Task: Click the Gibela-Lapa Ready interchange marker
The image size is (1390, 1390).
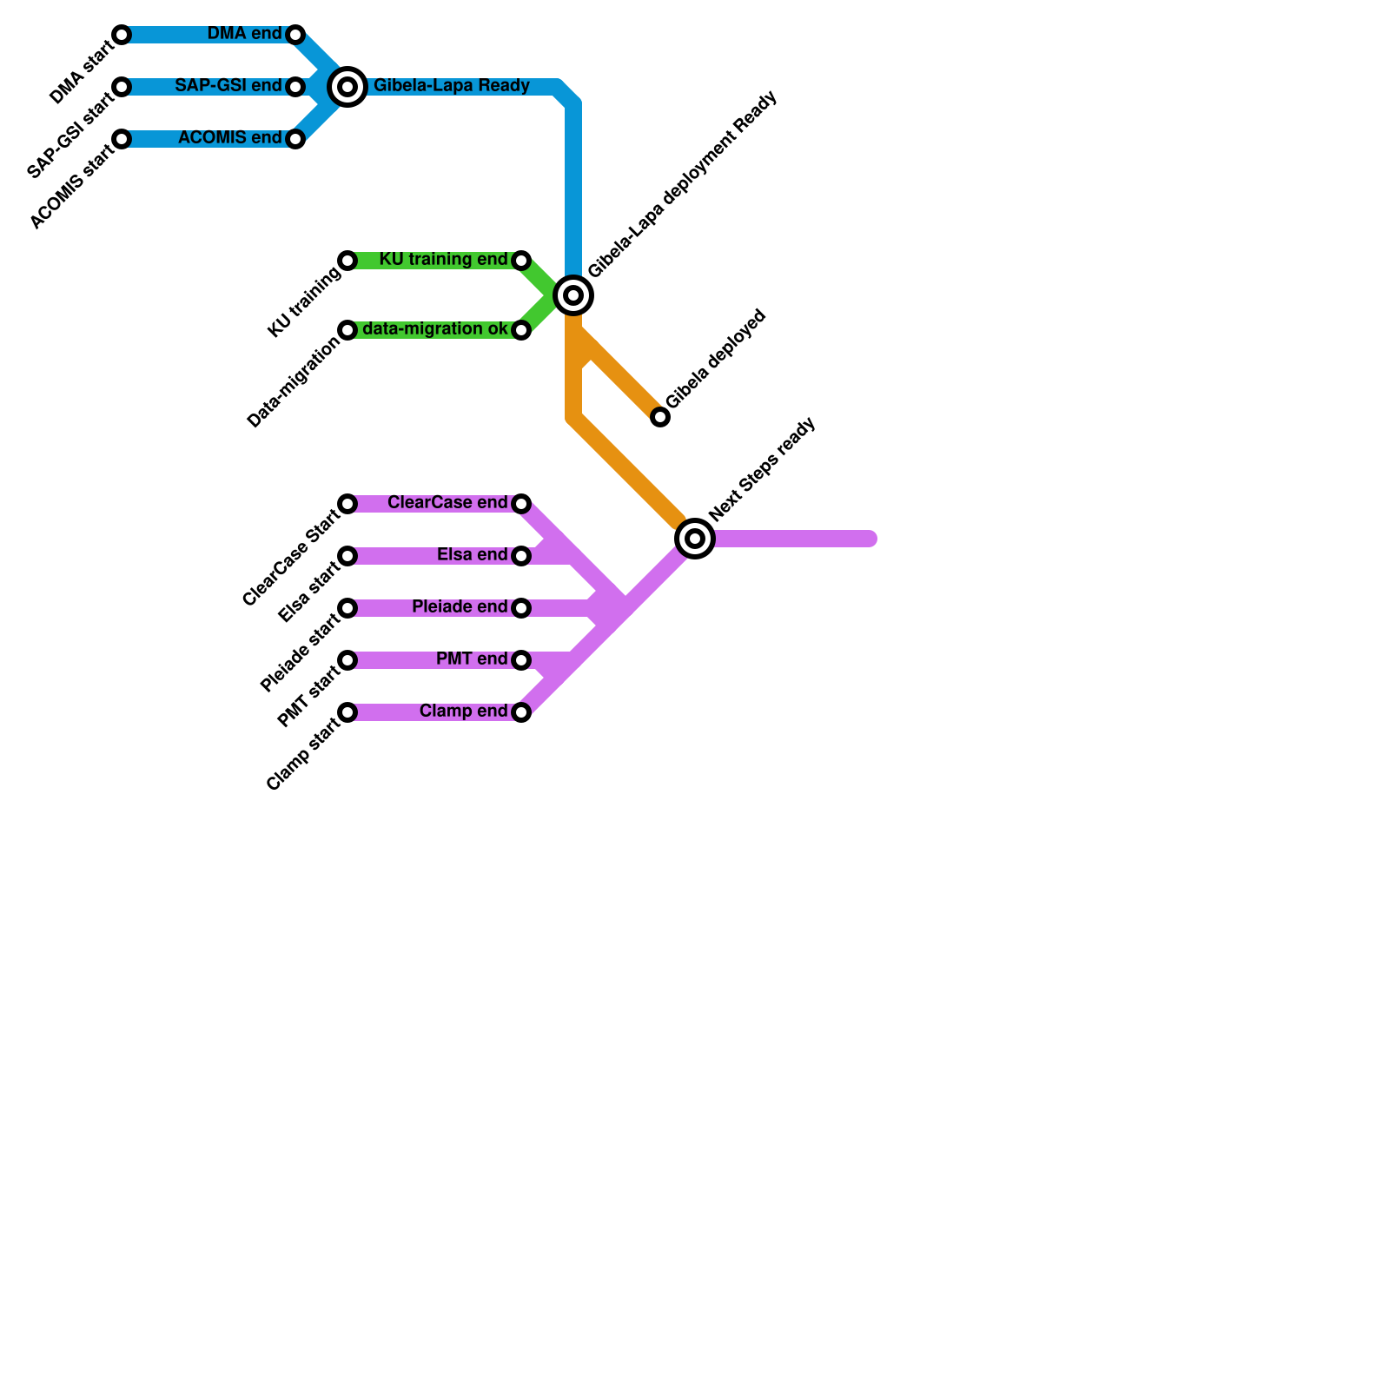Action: pyautogui.click(x=347, y=87)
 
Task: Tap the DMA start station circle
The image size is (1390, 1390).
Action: pyautogui.click(x=122, y=35)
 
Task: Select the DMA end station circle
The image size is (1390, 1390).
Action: pyautogui.click(x=295, y=35)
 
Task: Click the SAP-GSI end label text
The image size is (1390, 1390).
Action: pyautogui.click(x=228, y=86)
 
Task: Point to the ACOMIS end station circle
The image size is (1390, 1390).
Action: pyautogui.click(x=295, y=139)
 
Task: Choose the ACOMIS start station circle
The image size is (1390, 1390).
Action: pyautogui.click(x=122, y=139)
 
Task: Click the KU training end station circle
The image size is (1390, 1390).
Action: pyautogui.click(x=521, y=261)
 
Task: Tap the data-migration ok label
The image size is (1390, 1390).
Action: pyautogui.click(x=434, y=329)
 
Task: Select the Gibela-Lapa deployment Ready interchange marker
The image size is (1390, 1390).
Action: pyautogui.click(x=573, y=295)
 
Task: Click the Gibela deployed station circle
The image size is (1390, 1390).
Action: pyautogui.click(x=660, y=417)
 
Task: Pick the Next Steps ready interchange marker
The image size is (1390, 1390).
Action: pyautogui.click(x=695, y=539)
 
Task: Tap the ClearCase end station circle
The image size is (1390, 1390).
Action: pyautogui.click(x=521, y=504)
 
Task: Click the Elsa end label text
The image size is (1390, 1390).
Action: pyautogui.click(x=472, y=555)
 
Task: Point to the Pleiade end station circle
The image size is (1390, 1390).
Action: pyautogui.click(x=521, y=608)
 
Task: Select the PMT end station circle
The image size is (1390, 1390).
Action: pyautogui.click(x=521, y=660)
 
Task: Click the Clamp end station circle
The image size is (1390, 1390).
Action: pyautogui.click(x=521, y=712)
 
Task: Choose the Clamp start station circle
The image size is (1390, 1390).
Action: pyautogui.click(x=347, y=712)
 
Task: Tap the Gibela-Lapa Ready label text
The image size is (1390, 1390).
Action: pyautogui.click(x=452, y=86)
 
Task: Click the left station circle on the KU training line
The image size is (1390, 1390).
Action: pyautogui.click(x=347, y=261)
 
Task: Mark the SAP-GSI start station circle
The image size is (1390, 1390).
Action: pyautogui.click(x=122, y=87)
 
